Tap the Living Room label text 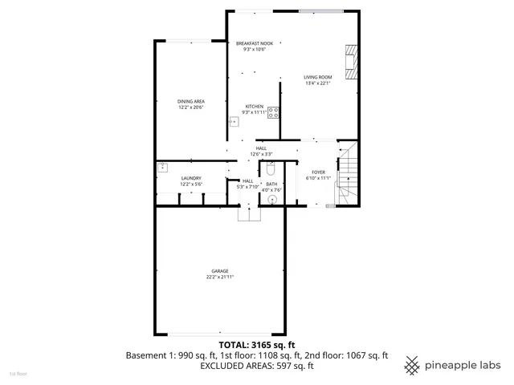[x=317, y=77]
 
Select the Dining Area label [x=190, y=101]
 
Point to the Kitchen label [x=255, y=106]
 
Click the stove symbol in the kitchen [x=274, y=113]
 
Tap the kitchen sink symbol [x=235, y=123]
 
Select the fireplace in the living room [x=349, y=62]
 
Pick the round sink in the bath [x=272, y=199]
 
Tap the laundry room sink [x=162, y=167]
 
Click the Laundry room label [x=190, y=178]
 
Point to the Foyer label [x=318, y=172]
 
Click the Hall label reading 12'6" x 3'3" [x=261, y=148]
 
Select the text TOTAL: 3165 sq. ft [x=257, y=343]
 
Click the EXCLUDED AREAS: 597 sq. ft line [x=257, y=366]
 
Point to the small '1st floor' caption [x=18, y=374]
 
